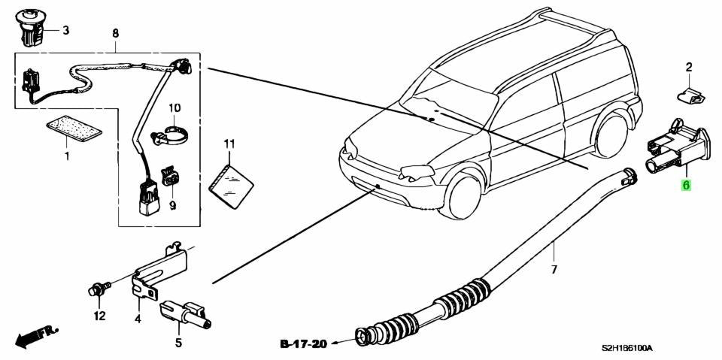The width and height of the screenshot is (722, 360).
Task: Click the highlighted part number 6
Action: tap(686, 186)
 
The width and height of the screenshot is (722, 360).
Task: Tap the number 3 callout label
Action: tap(66, 31)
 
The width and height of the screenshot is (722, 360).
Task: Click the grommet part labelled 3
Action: tap(30, 28)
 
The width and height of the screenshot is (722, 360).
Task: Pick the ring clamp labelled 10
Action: tap(171, 134)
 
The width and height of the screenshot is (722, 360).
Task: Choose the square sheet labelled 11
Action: tap(231, 183)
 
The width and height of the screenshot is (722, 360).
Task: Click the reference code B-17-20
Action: tap(303, 343)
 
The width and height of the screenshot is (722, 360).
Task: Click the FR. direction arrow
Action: tap(37, 337)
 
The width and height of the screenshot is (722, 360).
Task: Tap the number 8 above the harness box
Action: tap(115, 33)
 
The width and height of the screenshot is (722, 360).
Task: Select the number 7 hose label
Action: tap(554, 268)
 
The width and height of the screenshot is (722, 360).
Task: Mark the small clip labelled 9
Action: tap(171, 177)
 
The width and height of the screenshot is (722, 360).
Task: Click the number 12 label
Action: tap(99, 316)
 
